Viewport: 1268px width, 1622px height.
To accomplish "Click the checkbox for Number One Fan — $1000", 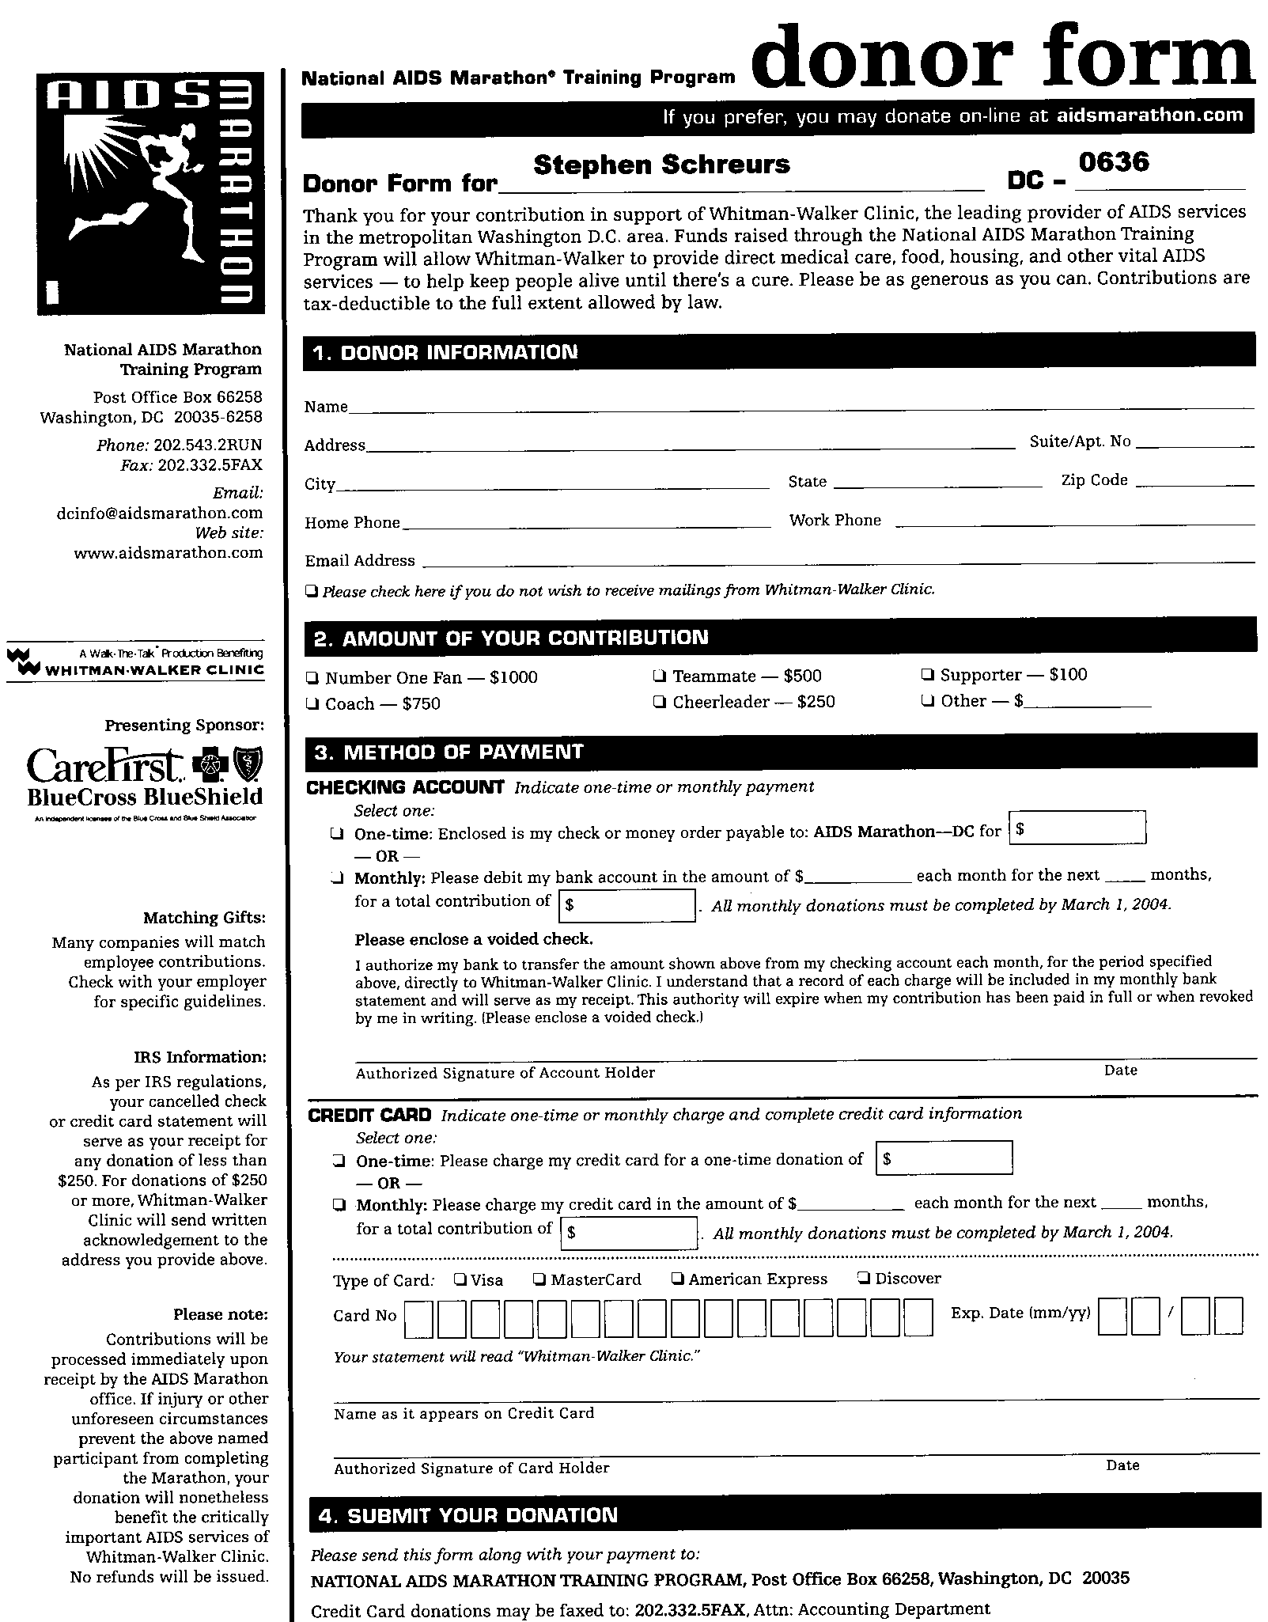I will click(312, 677).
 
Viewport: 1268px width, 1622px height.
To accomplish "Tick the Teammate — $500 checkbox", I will click(660, 676).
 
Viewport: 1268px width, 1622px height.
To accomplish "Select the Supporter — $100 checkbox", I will click(928, 675).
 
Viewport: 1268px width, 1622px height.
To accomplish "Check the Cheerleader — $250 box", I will click(660, 702).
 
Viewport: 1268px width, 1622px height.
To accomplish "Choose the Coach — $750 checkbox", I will click(312, 703).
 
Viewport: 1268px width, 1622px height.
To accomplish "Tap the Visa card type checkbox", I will click(460, 1279).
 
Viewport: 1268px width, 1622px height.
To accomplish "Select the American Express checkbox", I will click(678, 1279).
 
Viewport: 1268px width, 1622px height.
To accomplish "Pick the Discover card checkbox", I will click(864, 1278).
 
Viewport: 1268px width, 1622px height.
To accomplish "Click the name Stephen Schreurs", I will click(661, 165).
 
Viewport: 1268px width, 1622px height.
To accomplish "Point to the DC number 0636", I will click(1113, 161).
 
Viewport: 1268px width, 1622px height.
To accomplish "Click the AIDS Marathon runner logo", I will click(150, 193).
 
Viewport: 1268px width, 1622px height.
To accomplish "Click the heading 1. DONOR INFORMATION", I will click(446, 352).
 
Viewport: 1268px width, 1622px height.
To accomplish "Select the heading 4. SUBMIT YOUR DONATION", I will click(467, 1515).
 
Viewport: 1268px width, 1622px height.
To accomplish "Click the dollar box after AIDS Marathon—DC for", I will click(1077, 828).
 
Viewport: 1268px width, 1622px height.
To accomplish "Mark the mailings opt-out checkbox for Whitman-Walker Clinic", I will click(312, 590).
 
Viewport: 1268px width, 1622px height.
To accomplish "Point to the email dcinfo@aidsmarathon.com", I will click(160, 513).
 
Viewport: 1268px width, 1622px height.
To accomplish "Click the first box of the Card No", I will click(418, 1319).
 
